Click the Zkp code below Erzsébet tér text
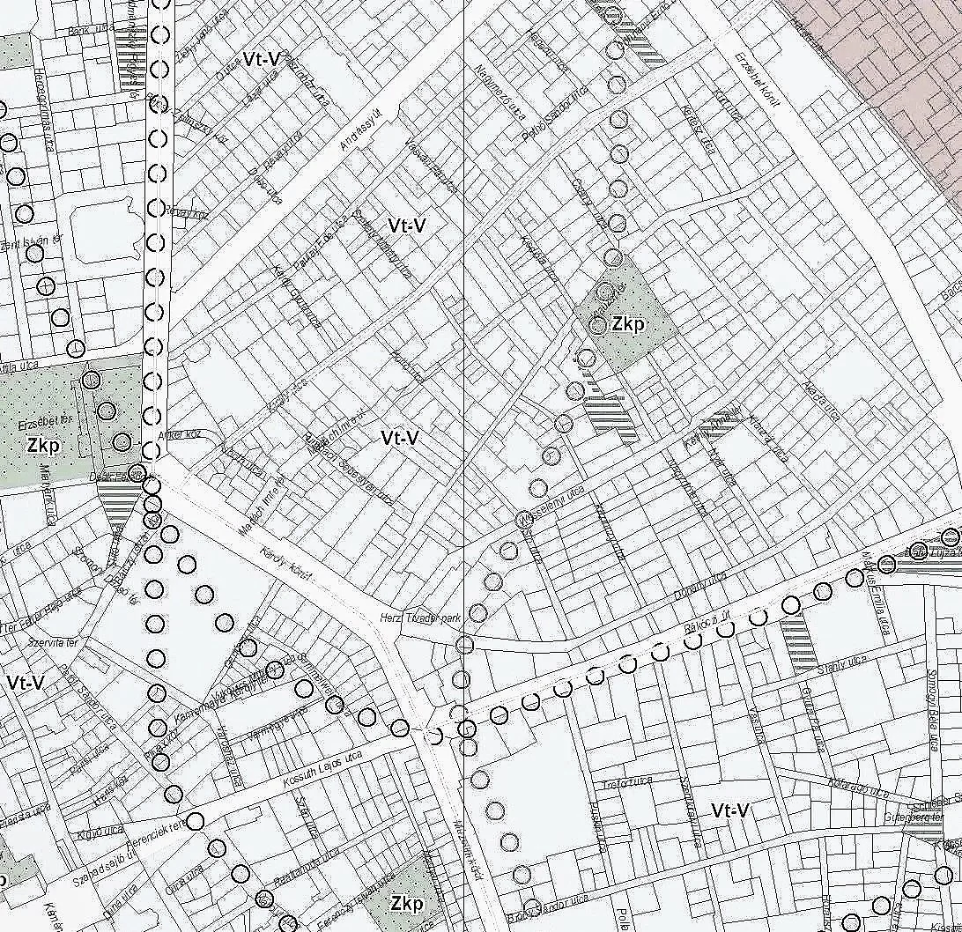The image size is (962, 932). pos(43,446)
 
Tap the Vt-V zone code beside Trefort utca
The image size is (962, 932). pos(730,810)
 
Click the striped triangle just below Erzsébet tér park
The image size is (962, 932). pos(115,507)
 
